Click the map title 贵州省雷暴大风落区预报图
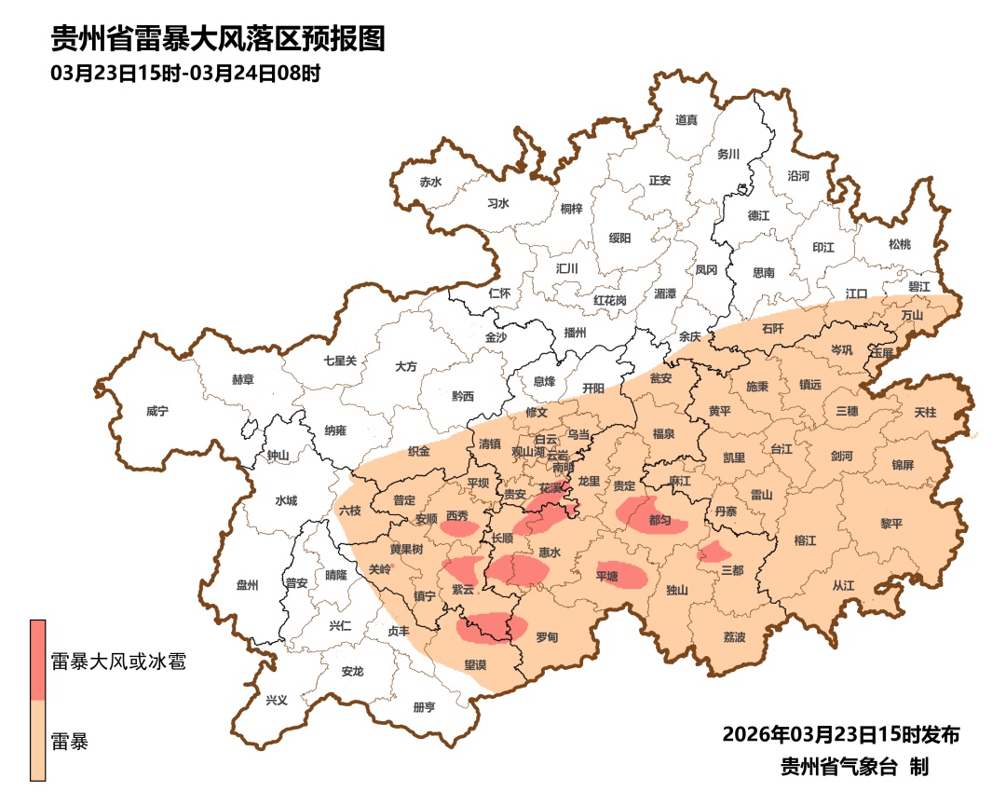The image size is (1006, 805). pyautogui.click(x=217, y=39)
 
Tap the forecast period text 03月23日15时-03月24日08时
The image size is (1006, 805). pyautogui.click(x=186, y=74)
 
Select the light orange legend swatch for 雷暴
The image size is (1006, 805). pyautogui.click(x=38, y=741)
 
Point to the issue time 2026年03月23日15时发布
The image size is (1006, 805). pyautogui.click(x=840, y=735)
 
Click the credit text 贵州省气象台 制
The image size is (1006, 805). pyautogui.click(x=854, y=768)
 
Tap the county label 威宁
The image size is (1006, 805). pyautogui.click(x=158, y=411)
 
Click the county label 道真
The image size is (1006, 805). pyautogui.click(x=686, y=120)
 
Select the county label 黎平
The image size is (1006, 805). pyautogui.click(x=890, y=524)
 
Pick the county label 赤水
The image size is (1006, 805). pyautogui.click(x=430, y=182)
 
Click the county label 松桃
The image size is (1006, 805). pyautogui.click(x=899, y=245)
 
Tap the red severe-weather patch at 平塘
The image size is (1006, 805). pyautogui.click(x=623, y=575)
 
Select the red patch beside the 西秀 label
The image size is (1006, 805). pyautogui.click(x=458, y=528)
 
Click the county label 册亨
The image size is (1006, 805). pyautogui.click(x=424, y=707)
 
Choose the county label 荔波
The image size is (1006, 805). pyautogui.click(x=734, y=637)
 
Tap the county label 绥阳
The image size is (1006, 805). pyautogui.click(x=619, y=239)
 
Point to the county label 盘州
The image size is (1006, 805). pyautogui.click(x=247, y=585)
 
